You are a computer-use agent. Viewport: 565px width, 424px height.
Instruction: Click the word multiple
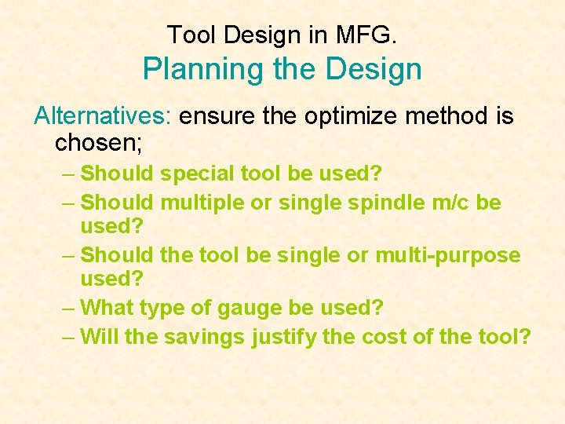point(202,203)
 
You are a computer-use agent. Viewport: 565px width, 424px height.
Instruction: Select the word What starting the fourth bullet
point(109,307)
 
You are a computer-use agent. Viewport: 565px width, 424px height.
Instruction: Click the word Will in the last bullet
point(99,337)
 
